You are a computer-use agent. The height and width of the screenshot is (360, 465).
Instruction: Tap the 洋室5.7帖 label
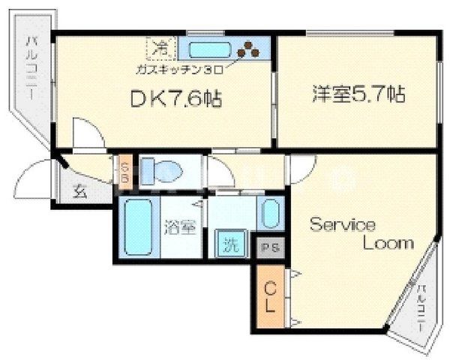point(359,94)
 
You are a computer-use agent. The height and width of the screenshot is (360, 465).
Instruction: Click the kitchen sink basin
point(210,50)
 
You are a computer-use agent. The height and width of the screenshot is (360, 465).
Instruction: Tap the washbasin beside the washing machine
point(270,215)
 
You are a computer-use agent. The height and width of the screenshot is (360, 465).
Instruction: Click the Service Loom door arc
point(303,169)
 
